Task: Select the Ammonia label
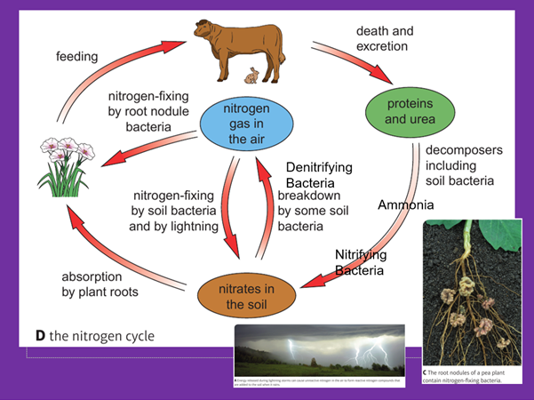click(x=406, y=205)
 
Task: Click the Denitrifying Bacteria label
click(x=318, y=174)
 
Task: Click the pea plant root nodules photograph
click(x=471, y=298)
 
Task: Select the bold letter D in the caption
click(x=40, y=336)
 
